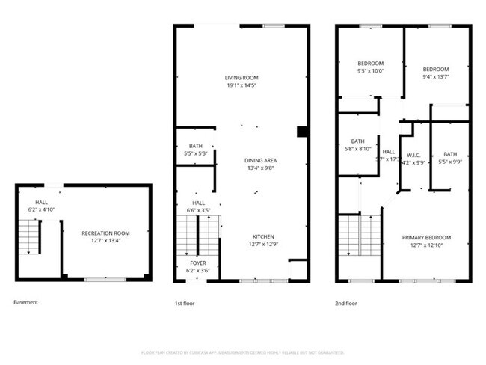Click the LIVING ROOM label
point(242,78)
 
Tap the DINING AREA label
point(260,160)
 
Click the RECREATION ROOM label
point(105,233)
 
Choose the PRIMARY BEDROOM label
point(426,237)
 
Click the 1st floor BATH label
point(195,146)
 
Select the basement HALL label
point(41,202)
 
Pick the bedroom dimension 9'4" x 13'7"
point(436,76)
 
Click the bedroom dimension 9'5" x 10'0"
point(371,71)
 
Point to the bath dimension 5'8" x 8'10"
point(357,148)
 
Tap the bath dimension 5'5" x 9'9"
point(449,161)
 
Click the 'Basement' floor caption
point(25,302)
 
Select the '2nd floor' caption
point(346,303)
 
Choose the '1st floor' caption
point(185,303)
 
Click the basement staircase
point(28,237)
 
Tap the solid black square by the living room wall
point(302,132)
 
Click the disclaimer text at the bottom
point(242,352)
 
